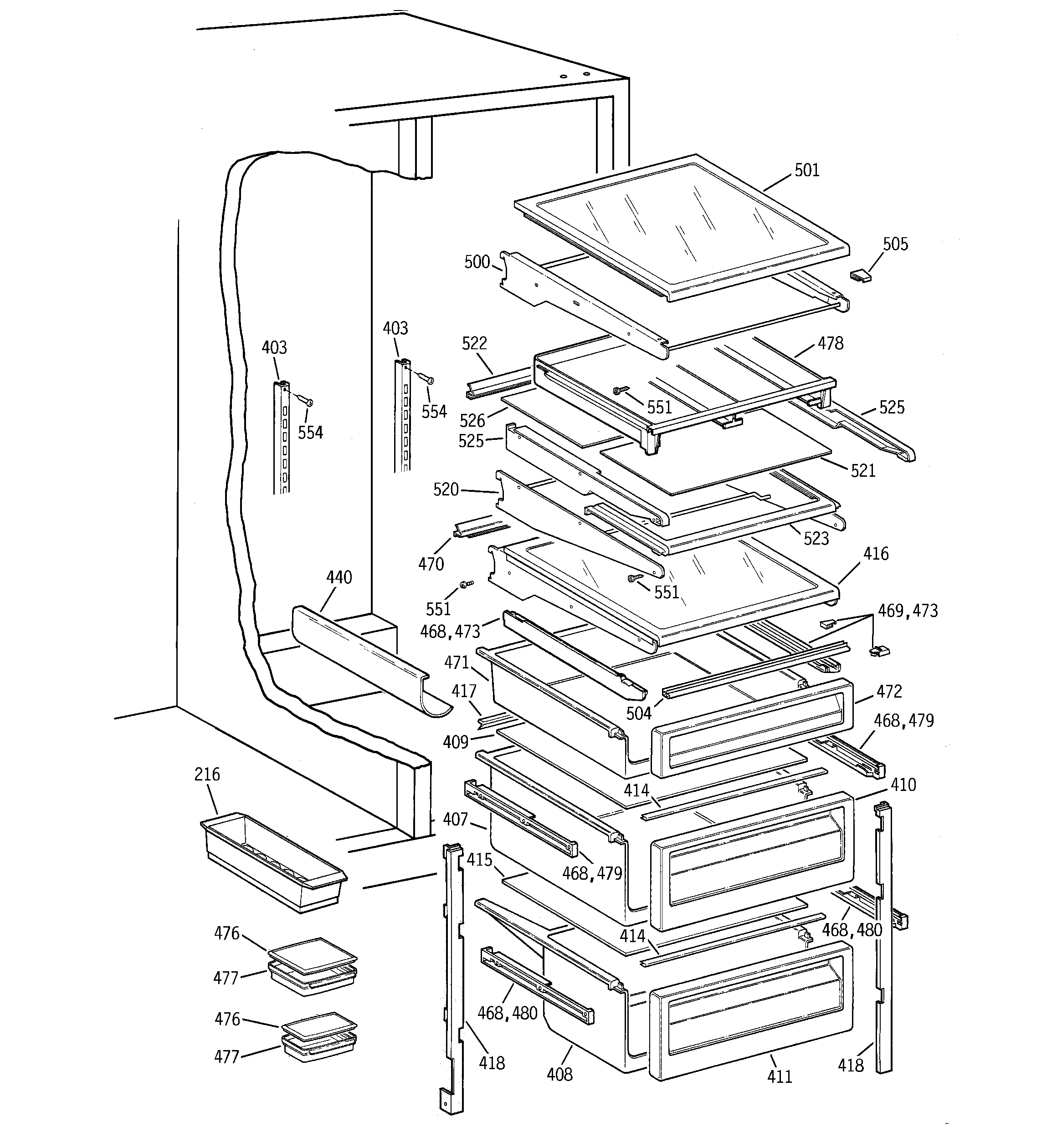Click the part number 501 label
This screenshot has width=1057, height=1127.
[x=806, y=170]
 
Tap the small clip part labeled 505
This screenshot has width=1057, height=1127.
[x=860, y=276]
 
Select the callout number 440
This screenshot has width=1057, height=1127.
[x=339, y=578]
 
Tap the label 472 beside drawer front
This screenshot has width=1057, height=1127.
[x=888, y=692]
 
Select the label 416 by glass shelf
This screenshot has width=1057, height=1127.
[x=876, y=554]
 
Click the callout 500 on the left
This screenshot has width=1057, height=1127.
[x=477, y=262]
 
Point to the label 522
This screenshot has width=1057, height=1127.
[x=474, y=343]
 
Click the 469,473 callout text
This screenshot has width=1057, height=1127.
[x=908, y=611]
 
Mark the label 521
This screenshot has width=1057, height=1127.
[x=862, y=470]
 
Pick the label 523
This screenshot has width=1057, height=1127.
[x=816, y=539]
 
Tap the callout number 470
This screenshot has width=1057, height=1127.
[x=431, y=564]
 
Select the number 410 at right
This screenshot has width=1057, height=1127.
[x=903, y=785]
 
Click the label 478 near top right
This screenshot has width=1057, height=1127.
[x=830, y=343]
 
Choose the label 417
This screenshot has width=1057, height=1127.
[x=463, y=692]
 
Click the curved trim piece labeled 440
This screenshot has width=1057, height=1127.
[x=363, y=658]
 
